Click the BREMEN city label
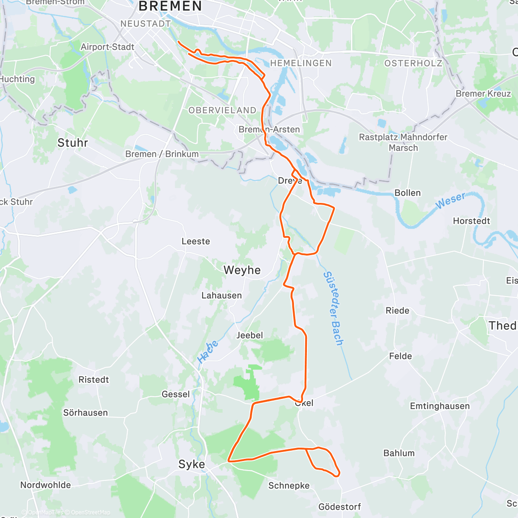pos(170,6)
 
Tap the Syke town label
pos(192,464)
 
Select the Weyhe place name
pos(242,270)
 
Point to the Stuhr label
pos(73,143)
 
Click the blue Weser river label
pos(451,201)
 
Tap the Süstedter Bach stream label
pos(334,309)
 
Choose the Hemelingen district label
pos(301,63)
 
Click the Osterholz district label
pos(413,63)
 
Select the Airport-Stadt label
pos(107,47)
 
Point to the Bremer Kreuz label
pos(483,94)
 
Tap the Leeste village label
pos(196,241)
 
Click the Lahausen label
pos(221,296)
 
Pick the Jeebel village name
pos(250,335)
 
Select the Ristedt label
pos(94,380)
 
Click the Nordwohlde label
pos(46,485)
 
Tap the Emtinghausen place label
pos(439,406)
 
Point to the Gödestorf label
pos(339,507)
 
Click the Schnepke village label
pos(289,486)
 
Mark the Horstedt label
pos(471,221)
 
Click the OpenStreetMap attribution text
pos(90,512)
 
